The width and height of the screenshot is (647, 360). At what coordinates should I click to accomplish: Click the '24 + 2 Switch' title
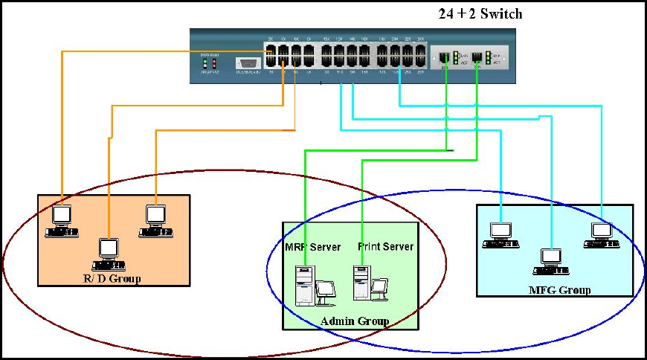(x=480, y=13)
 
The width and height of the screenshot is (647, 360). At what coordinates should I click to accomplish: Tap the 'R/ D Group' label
(x=113, y=278)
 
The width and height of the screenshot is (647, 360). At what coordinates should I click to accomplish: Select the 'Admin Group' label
(x=355, y=321)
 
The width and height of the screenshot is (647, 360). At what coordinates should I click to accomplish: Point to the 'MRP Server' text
(x=312, y=246)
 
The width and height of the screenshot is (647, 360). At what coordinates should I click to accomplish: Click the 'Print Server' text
(x=385, y=246)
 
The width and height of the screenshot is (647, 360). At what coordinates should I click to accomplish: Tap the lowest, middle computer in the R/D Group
(x=109, y=254)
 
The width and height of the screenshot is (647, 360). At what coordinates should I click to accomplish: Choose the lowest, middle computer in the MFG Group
(x=551, y=260)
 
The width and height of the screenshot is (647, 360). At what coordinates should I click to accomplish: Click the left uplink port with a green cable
(x=445, y=57)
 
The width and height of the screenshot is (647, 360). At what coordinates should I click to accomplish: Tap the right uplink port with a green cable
(x=477, y=57)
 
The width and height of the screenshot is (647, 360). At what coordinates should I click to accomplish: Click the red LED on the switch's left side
(x=213, y=63)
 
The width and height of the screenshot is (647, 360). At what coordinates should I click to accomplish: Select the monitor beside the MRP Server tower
(x=326, y=292)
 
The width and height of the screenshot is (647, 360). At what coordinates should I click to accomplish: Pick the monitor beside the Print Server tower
(x=380, y=288)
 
